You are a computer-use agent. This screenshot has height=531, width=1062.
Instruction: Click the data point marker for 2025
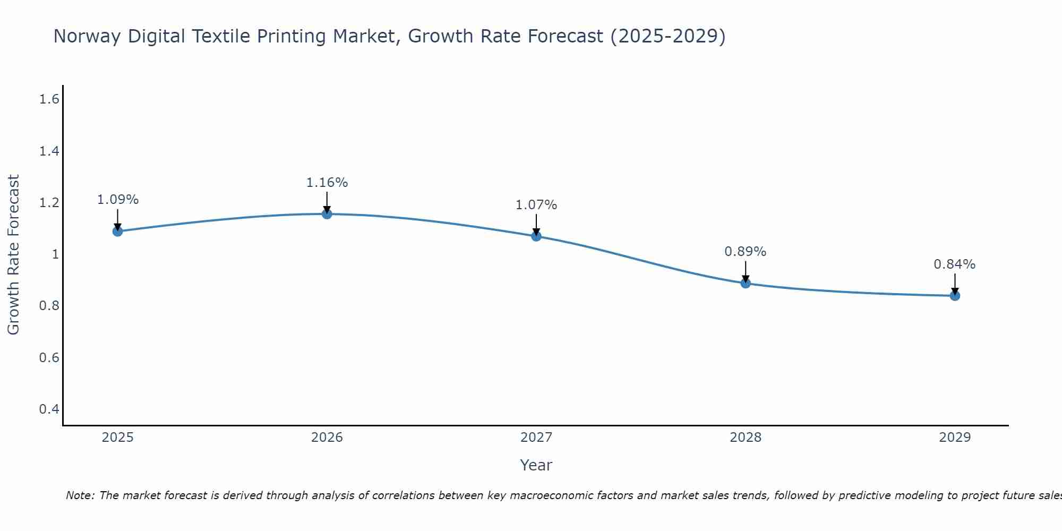[118, 231]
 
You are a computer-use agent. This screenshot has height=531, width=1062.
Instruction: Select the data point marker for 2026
[327, 213]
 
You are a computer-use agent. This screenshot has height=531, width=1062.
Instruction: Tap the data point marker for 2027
[536, 236]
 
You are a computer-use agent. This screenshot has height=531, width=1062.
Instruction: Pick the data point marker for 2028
[746, 283]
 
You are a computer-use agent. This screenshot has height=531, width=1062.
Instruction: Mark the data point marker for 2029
[955, 295]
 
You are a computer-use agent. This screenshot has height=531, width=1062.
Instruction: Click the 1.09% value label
[118, 200]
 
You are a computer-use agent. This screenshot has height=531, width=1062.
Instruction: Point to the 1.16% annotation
[327, 183]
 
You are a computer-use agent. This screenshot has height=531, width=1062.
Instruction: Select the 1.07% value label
[536, 205]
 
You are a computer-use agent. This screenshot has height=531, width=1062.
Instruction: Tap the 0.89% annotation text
[746, 252]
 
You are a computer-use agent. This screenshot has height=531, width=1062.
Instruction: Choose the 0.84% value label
[955, 264]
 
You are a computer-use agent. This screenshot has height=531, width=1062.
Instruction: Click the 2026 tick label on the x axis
[327, 438]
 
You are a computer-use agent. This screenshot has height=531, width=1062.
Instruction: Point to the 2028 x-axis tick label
[746, 438]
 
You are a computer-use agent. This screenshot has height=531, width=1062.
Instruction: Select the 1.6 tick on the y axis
[49, 99]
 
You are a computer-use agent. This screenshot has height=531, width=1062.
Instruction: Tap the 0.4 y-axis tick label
[49, 409]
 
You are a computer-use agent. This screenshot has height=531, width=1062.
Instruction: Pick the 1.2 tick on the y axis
[49, 203]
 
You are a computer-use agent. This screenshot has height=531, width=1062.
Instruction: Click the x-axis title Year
[536, 465]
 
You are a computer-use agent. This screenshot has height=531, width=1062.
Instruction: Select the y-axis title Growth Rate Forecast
[13, 255]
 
